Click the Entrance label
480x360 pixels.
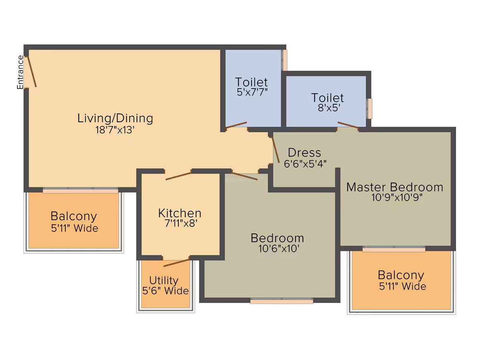20,72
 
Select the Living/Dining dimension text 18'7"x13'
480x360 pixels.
115,130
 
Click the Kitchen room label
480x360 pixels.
180,213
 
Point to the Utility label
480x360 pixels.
164,281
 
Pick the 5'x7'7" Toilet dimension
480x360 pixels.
252,92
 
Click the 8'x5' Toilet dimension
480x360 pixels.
329,108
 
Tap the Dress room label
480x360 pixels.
305,152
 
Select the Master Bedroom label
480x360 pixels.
395,187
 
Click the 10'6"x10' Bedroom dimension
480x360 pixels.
278,248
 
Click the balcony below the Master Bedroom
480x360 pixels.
402,281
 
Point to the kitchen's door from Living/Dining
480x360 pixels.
178,176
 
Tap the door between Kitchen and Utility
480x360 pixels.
176,263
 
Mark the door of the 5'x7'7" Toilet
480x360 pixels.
236,125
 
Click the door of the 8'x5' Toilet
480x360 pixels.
348,125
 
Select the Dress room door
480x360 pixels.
276,149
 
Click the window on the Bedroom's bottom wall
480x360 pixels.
282,301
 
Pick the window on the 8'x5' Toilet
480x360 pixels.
370,109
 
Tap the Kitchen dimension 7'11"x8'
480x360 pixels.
181,223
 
